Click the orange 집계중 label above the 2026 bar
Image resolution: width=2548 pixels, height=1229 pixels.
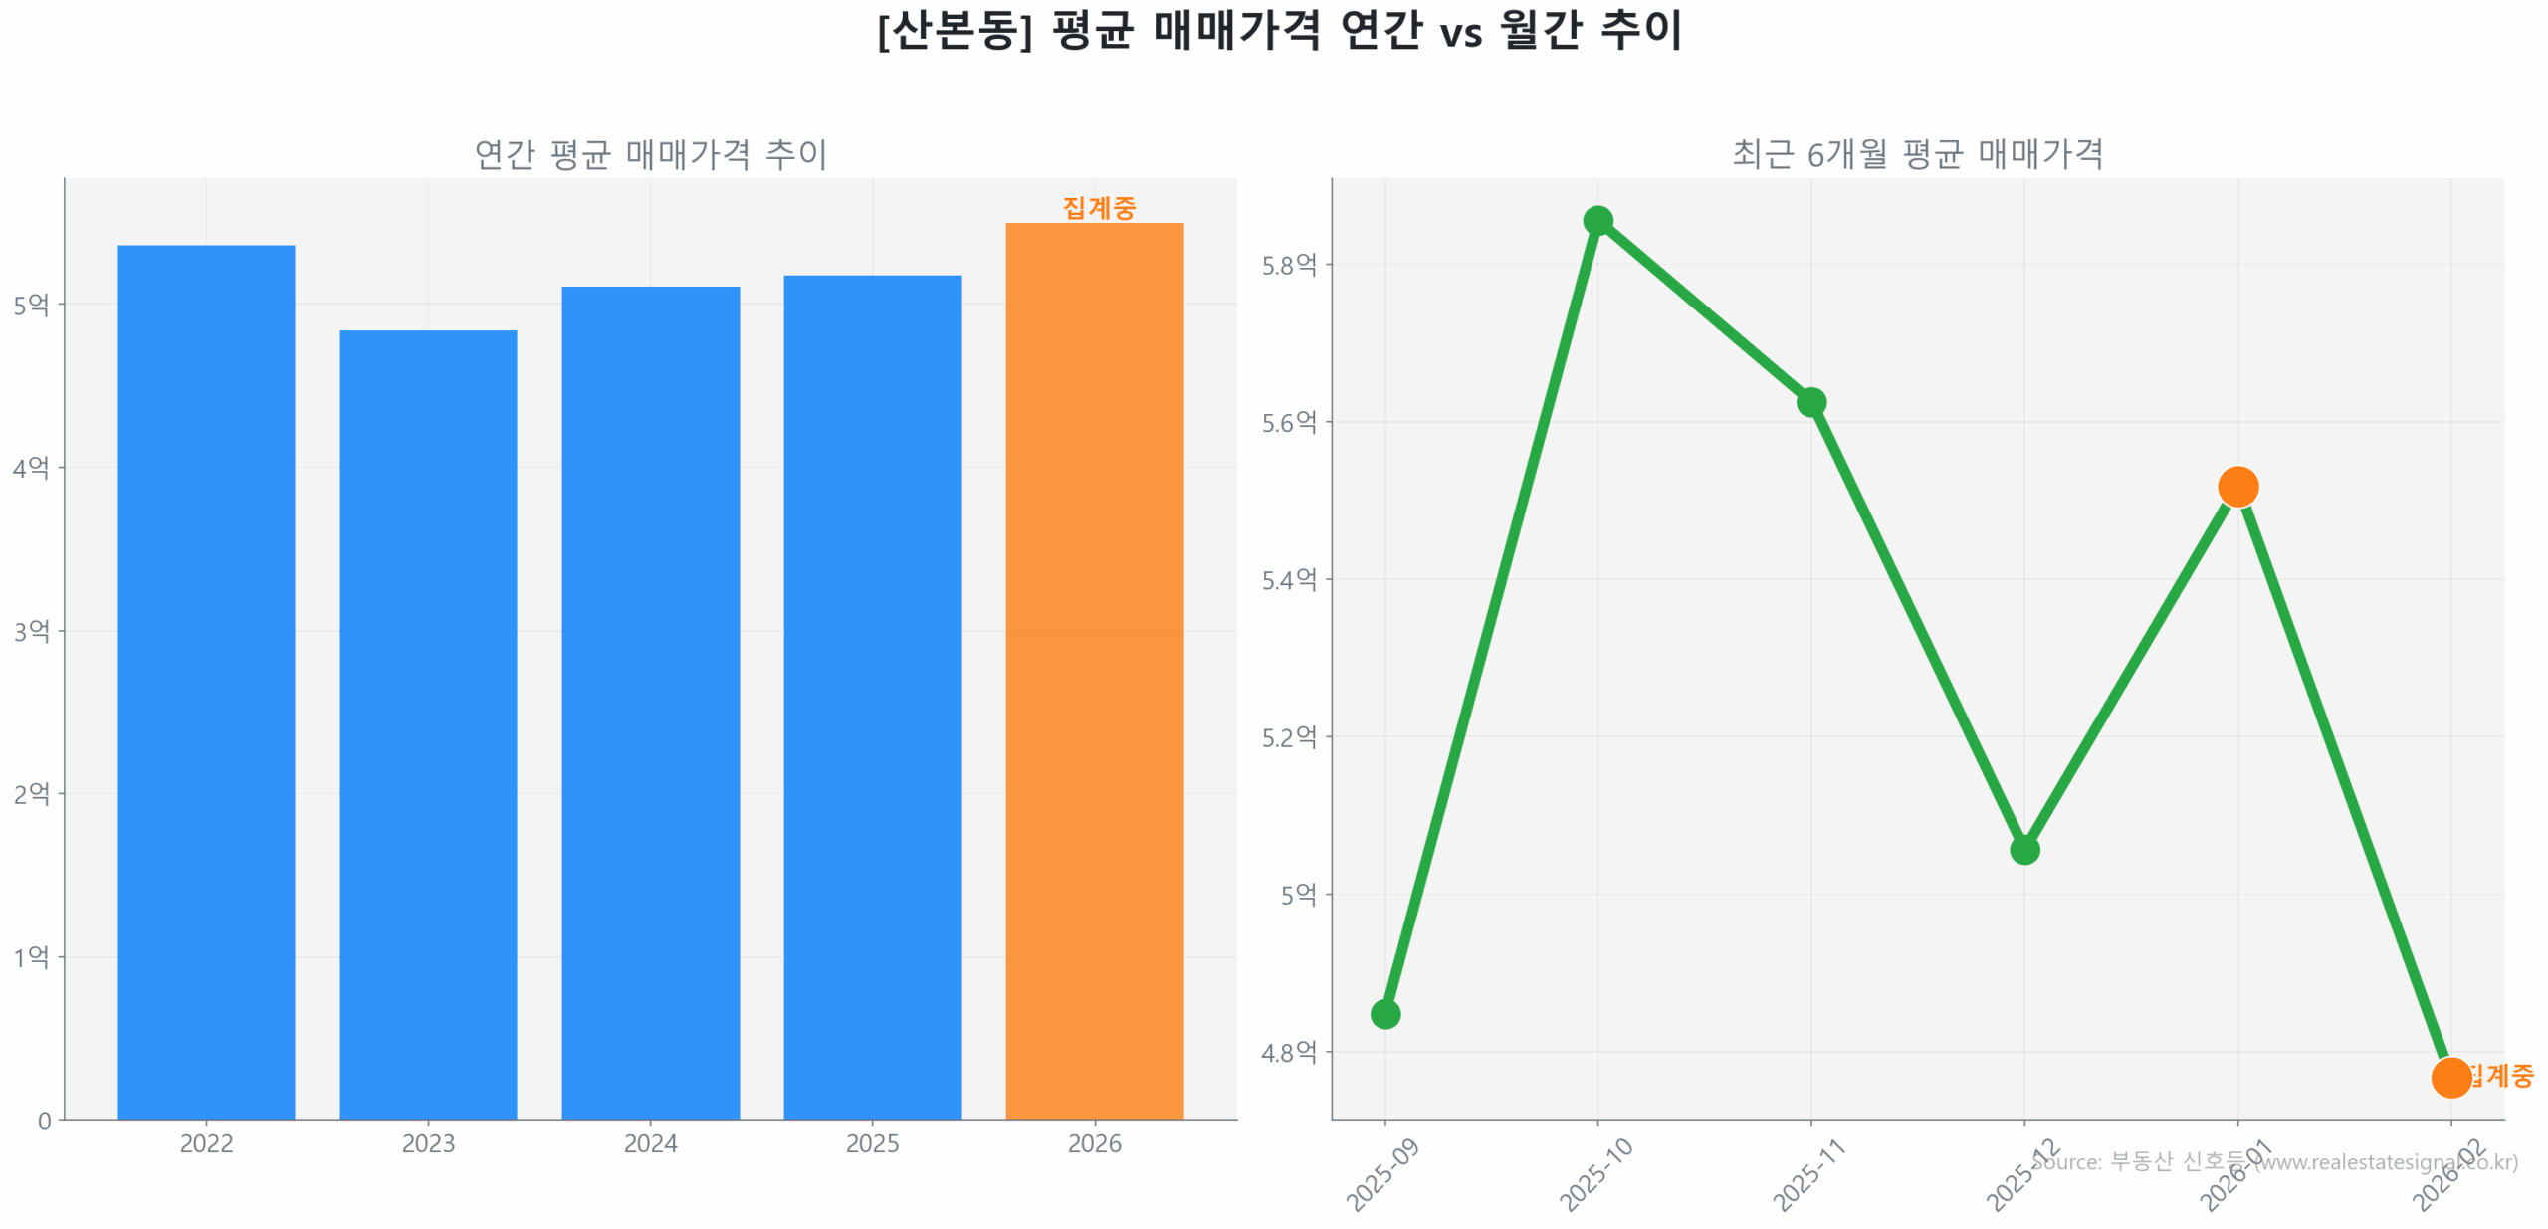pos(1098,207)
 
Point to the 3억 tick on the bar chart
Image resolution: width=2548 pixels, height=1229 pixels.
pos(31,630)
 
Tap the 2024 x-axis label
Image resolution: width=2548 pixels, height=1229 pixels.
pos(650,1142)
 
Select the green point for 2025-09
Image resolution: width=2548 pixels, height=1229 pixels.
pos(1384,1013)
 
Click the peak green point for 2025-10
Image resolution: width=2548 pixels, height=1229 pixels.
pos(1597,220)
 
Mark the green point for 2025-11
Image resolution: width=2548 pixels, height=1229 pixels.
pos(1810,401)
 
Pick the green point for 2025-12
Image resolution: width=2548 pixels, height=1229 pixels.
pos(2023,849)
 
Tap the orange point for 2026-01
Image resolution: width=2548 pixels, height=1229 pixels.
pos(2237,486)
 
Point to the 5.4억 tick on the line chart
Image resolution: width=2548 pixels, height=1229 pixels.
pos(1288,579)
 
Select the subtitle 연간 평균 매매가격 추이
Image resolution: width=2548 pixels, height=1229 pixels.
pos(650,154)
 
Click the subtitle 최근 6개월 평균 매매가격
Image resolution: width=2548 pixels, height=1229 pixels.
pos(1916,153)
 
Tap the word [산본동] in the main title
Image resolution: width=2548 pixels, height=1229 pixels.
pos(954,30)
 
